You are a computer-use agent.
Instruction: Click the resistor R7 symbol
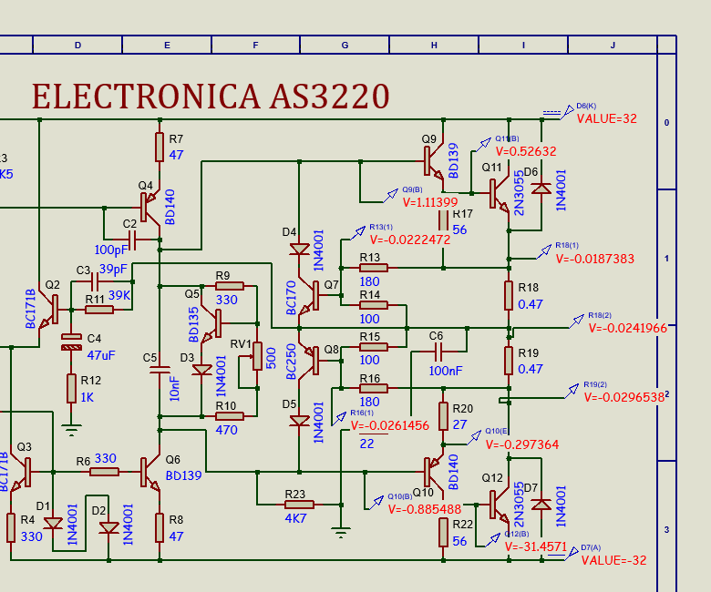tap(160, 146)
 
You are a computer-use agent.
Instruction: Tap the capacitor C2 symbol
tap(131, 240)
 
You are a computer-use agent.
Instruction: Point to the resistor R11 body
tap(99, 310)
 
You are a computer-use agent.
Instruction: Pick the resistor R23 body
tap(299, 504)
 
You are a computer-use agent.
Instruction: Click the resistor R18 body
tap(509, 295)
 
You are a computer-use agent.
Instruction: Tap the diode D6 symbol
tap(541, 189)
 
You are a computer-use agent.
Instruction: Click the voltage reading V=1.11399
tap(429, 202)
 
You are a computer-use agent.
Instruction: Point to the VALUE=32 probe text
tap(606, 118)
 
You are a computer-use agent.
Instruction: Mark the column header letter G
tap(345, 45)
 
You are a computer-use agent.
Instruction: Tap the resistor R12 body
tap(71, 388)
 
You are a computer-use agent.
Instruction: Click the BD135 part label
tap(192, 323)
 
